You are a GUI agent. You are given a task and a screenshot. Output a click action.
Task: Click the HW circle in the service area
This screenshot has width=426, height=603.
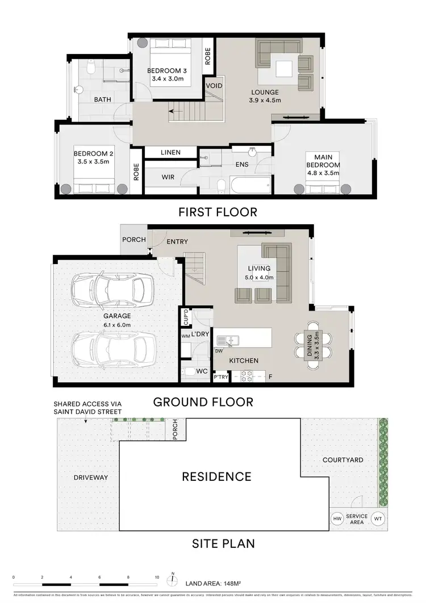click(338, 518)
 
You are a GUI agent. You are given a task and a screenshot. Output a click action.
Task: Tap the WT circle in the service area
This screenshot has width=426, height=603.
click(379, 518)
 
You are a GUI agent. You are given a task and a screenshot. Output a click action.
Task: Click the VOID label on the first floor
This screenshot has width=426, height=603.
click(214, 86)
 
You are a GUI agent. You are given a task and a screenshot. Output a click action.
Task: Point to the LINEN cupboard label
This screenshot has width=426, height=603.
click(170, 152)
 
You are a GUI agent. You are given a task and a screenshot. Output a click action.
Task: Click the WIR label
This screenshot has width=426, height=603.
click(168, 177)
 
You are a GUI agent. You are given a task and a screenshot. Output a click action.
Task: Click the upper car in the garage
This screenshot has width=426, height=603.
click(114, 287)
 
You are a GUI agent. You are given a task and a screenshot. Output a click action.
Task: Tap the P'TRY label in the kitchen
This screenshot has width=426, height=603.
click(221, 376)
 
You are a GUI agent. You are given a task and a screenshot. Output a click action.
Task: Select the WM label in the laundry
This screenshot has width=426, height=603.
click(185, 337)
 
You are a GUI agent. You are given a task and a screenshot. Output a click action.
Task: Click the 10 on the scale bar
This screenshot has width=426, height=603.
click(157, 577)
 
